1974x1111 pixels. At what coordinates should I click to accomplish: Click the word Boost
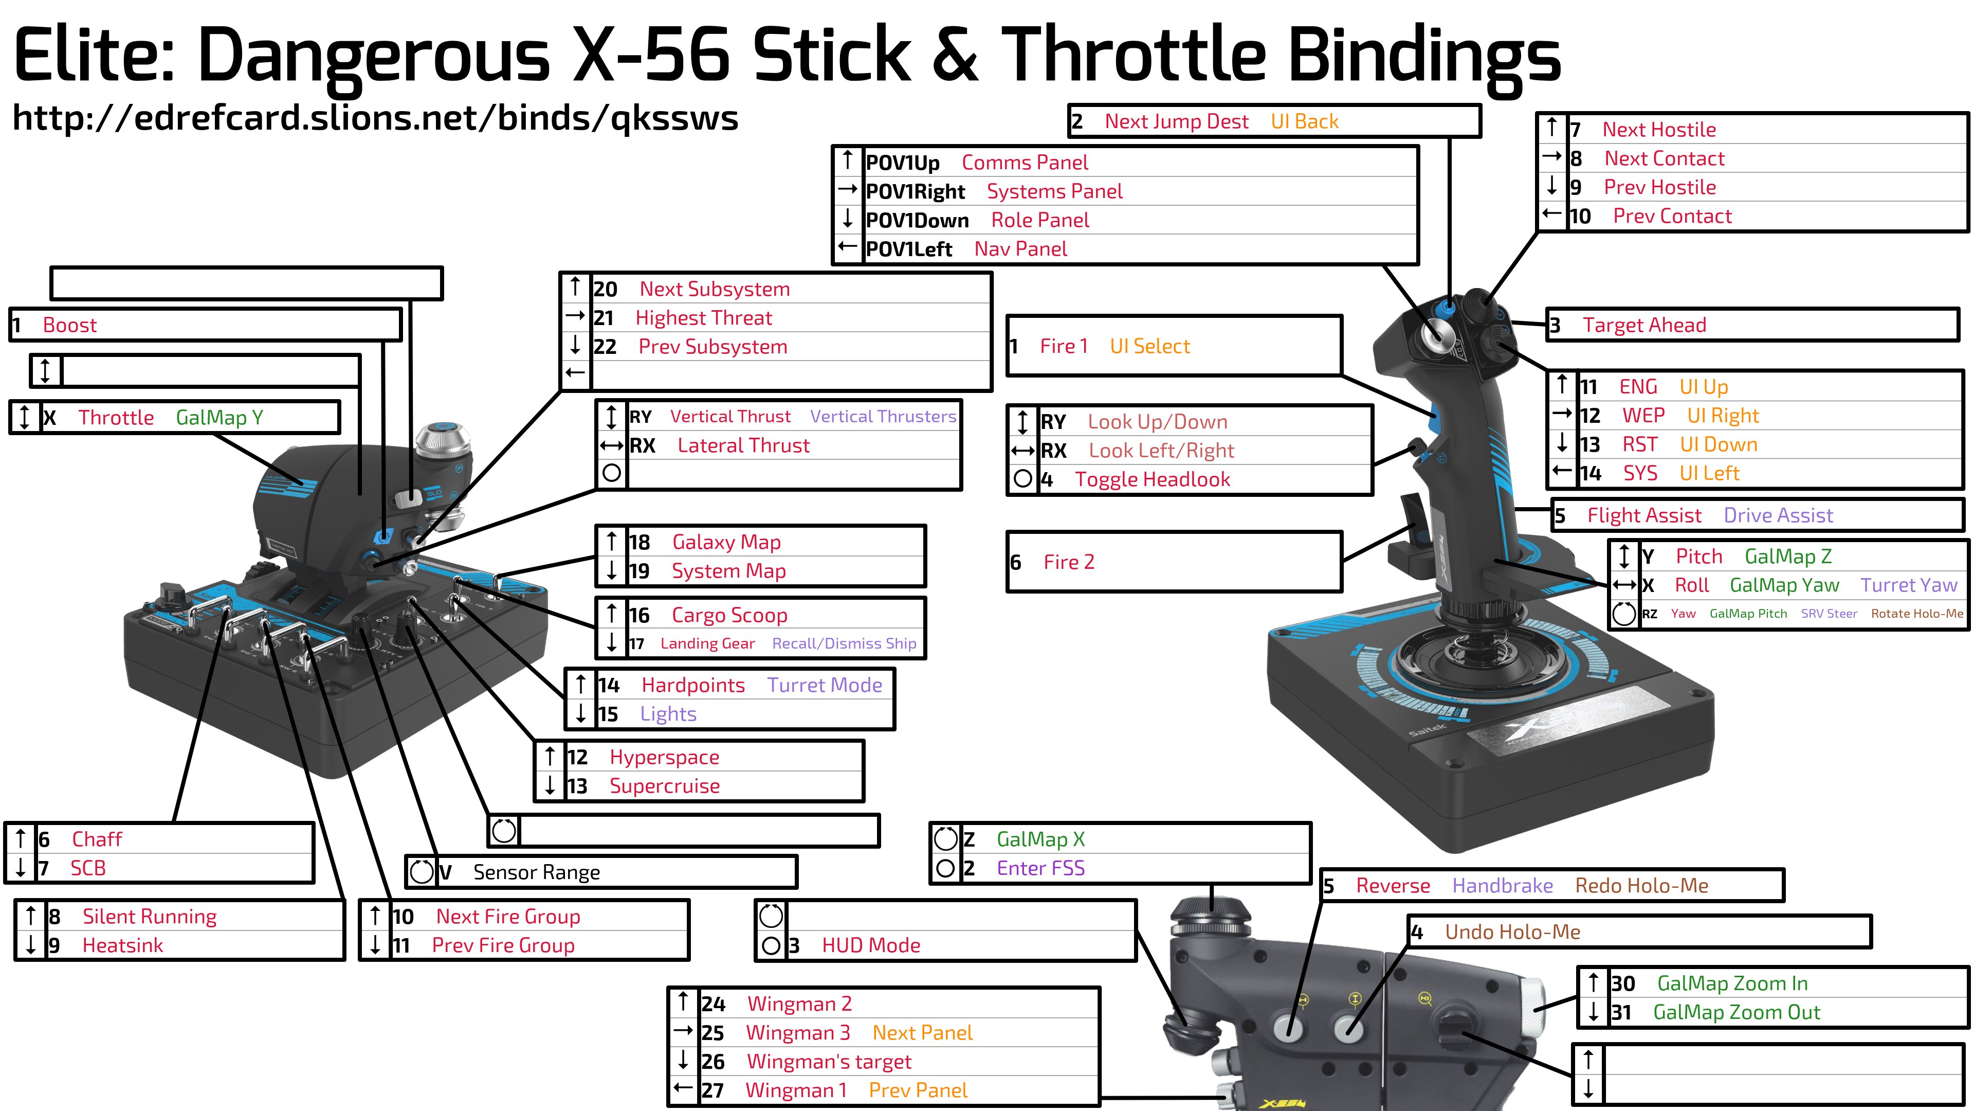tap(70, 325)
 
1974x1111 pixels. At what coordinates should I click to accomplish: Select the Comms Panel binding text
tap(1025, 163)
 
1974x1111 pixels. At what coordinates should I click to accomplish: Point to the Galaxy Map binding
tap(726, 542)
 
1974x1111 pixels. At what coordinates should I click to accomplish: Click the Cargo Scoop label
tap(729, 615)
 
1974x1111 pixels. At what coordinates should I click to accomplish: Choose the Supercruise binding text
tap(664, 786)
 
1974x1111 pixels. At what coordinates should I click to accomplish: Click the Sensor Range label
tap(536, 872)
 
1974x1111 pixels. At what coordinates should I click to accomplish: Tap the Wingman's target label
tap(829, 1062)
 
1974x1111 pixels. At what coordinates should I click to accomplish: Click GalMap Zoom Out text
tap(1737, 1013)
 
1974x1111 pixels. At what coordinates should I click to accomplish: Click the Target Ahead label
tap(1644, 325)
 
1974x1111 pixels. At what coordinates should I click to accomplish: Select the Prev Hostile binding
tap(1660, 187)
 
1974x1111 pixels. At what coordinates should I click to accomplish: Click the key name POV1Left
tap(909, 249)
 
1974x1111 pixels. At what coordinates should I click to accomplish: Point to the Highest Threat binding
tap(703, 318)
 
